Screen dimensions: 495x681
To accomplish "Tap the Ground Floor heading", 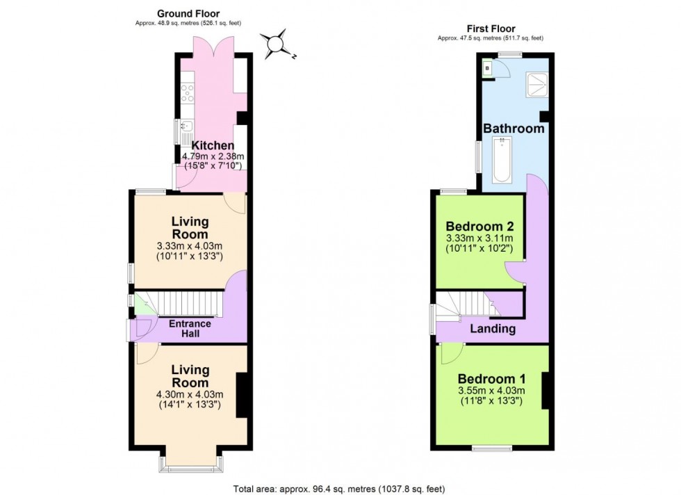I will point(188,13).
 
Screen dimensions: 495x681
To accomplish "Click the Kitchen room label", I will point(208,145).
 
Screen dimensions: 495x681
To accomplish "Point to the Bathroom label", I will point(514,129).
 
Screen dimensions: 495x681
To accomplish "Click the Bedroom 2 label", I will point(479,227).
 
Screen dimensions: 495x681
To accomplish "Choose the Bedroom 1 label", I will point(491,379).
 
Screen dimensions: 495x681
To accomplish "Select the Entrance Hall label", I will point(190,329).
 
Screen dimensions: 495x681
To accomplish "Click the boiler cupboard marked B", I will point(487,68).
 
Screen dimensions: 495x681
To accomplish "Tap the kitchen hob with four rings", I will point(186,92).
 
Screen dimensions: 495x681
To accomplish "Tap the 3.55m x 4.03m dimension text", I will point(491,390).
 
